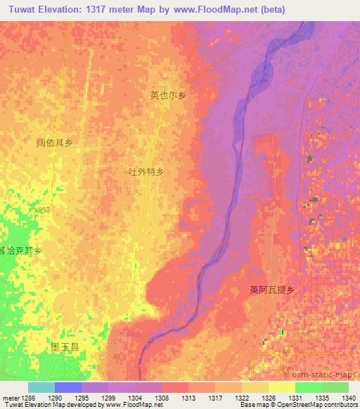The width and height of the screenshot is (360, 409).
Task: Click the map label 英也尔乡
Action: [168, 95]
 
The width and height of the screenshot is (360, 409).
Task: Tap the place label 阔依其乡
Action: [55, 143]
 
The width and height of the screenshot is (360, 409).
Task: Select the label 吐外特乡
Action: [146, 171]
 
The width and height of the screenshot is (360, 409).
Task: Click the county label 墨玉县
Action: [64, 346]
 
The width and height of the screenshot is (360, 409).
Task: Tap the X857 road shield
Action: [42, 209]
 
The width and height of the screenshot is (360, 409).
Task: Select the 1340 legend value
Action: [349, 397]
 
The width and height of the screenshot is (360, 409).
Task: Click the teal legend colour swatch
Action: [41, 387]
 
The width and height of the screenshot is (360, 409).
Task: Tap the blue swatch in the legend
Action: [67, 387]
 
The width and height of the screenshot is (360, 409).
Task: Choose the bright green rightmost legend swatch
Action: [335, 387]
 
